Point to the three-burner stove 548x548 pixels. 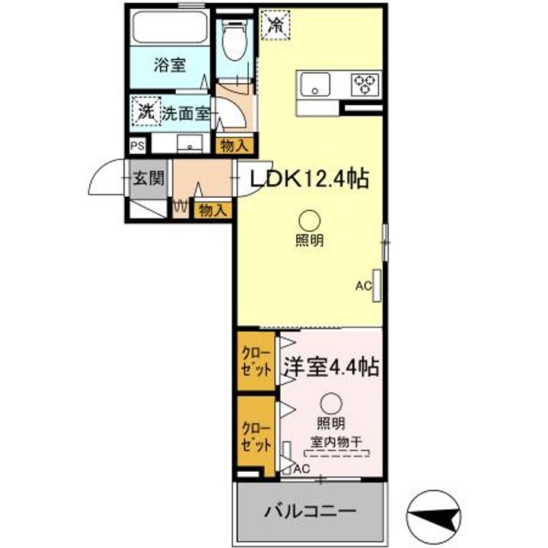click(x=365, y=84)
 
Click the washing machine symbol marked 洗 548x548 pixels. click(x=145, y=112)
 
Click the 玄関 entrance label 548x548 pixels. click(x=148, y=180)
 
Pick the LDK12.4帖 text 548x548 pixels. click(x=307, y=180)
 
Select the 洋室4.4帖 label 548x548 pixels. click(x=331, y=368)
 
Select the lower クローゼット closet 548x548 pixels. click(x=256, y=435)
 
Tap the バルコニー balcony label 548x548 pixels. click(x=310, y=510)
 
